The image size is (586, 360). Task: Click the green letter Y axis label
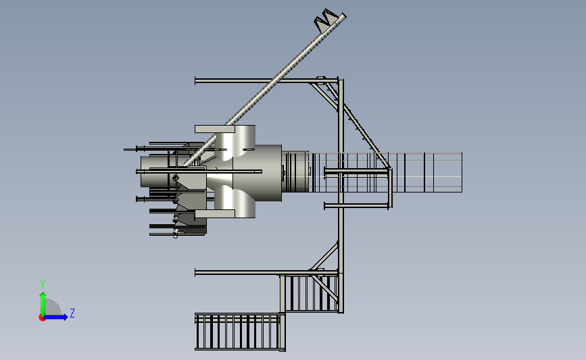pos(43,284)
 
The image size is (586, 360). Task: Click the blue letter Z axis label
pos(72,313)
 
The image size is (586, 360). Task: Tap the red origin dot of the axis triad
pos(42,318)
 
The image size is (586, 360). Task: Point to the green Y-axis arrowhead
pos(43,295)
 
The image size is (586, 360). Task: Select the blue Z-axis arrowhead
pos(65,317)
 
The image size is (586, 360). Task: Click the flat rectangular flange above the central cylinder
pos(215,129)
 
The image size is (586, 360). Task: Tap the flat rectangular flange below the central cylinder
pos(215,213)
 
